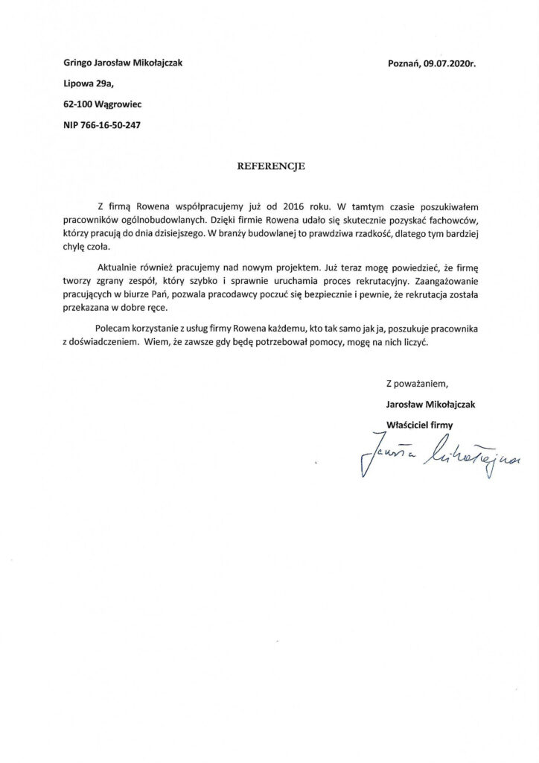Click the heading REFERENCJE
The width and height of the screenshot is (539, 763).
tap(269, 168)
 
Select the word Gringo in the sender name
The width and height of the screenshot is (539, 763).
tap(80, 64)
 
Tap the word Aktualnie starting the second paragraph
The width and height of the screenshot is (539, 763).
tap(121, 267)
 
